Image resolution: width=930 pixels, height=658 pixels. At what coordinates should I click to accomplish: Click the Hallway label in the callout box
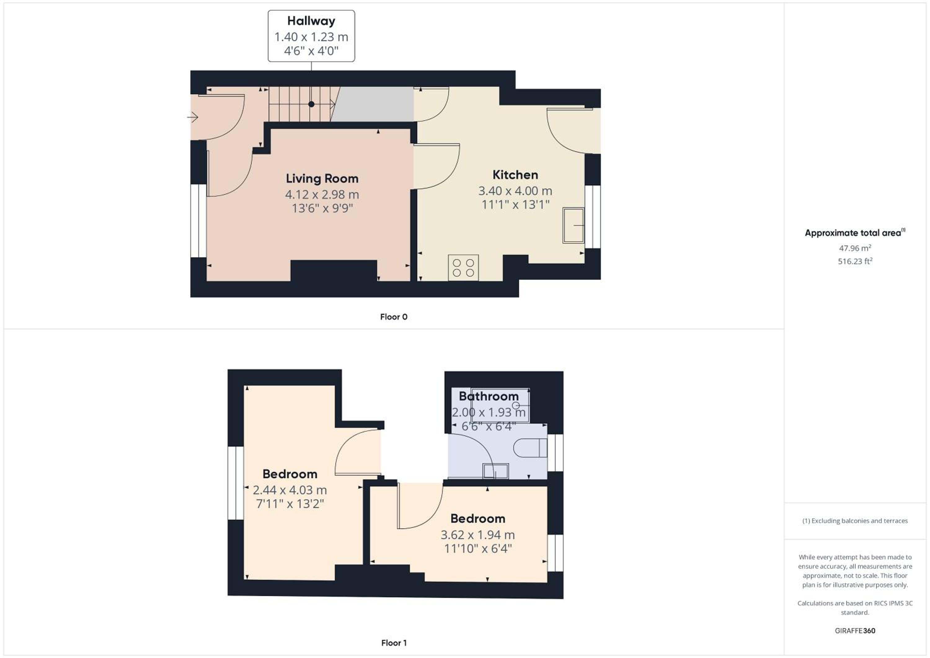coord(311,21)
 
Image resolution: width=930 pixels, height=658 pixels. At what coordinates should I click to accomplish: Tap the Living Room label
coord(322,178)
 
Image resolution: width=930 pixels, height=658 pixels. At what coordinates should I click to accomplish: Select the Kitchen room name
coord(515,175)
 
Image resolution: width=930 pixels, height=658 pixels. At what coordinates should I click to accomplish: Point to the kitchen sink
coord(573,225)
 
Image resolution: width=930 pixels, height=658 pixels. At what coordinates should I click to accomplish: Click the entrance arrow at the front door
coord(193,118)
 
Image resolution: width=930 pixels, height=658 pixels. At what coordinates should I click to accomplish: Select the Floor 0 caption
coord(394,317)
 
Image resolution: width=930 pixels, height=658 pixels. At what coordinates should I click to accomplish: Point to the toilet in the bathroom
coord(530,448)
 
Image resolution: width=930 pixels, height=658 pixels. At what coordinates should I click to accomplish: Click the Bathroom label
coord(489,396)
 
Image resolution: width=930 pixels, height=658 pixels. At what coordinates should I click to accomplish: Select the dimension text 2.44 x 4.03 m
coord(290,490)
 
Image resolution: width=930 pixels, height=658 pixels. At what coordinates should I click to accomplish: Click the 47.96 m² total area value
coord(855,248)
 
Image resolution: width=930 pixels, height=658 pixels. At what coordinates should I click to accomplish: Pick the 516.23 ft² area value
coord(855,261)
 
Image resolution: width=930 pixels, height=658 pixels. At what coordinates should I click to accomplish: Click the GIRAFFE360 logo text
coord(855,630)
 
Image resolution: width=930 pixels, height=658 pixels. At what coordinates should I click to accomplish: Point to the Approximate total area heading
coord(855,233)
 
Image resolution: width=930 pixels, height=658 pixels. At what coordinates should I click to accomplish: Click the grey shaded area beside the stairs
coord(372,104)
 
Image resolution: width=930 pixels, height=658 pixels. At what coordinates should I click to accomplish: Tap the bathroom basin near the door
coord(495,471)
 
